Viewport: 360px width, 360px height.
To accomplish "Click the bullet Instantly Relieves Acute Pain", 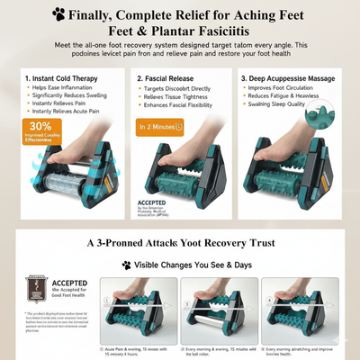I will (x=68, y=113).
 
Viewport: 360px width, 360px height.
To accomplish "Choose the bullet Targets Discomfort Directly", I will (x=178, y=90).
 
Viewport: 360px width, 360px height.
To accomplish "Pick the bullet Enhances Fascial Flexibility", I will (x=181, y=106).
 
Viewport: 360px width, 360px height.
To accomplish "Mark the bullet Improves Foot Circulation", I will (x=292, y=90).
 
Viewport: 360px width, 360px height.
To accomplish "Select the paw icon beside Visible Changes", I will (x=127, y=265).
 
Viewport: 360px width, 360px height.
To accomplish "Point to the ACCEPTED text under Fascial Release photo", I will (x=152, y=203).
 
